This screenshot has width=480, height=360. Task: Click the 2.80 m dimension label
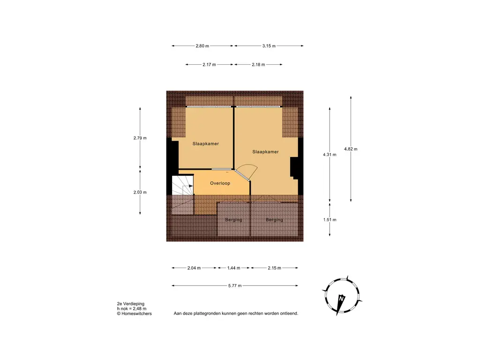coord(202,46)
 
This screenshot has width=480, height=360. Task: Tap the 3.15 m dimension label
coord(268,46)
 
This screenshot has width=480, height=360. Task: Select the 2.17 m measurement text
coord(209,65)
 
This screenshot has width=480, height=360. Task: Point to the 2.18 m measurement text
coord(258,65)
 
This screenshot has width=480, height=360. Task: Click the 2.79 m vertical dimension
coord(140,138)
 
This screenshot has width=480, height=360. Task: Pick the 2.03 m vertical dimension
coord(140,192)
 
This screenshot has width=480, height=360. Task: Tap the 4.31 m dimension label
coord(330,155)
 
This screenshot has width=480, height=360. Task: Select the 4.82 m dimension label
coord(351,149)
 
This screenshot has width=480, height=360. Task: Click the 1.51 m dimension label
coord(330,219)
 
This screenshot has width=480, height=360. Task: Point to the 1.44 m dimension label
coord(233,268)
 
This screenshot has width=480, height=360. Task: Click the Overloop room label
coord(220,183)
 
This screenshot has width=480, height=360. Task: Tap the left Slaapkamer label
coord(206,143)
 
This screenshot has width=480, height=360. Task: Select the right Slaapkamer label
coord(265,152)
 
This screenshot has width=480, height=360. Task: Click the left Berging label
coord(233,220)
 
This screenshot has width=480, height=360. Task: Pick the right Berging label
coord(274,220)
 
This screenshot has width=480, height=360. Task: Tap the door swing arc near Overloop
coord(247,172)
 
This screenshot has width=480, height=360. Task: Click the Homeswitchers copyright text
coord(135,314)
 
